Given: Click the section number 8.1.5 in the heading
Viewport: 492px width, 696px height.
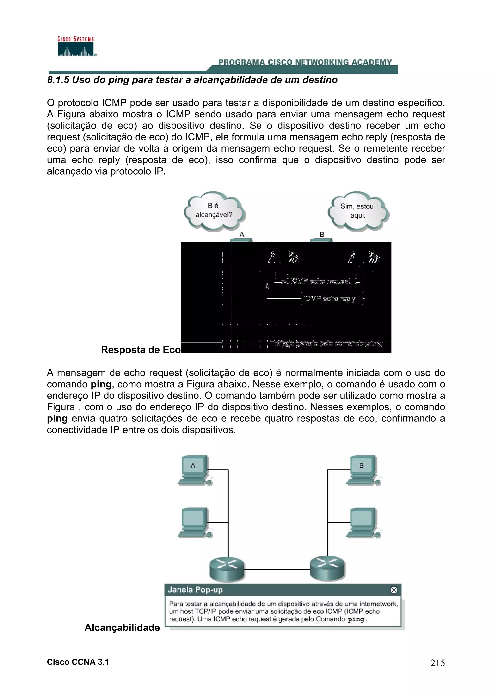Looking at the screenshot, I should click(x=58, y=80).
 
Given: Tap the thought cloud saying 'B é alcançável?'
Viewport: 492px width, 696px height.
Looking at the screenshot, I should click(x=214, y=210).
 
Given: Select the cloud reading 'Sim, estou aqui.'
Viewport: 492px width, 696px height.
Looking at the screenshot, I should click(x=357, y=211).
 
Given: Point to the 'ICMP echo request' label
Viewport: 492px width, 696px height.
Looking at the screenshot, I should click(x=320, y=281).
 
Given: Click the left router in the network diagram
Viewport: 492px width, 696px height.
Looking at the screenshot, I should click(x=227, y=569).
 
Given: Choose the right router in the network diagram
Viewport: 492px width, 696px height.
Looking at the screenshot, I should click(x=328, y=569).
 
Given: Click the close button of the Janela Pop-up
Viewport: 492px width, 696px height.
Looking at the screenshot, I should click(x=394, y=590).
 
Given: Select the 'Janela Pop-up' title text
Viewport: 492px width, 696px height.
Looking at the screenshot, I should click(x=195, y=590).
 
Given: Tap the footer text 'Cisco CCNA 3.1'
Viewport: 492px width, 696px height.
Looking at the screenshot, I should click(x=78, y=662).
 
